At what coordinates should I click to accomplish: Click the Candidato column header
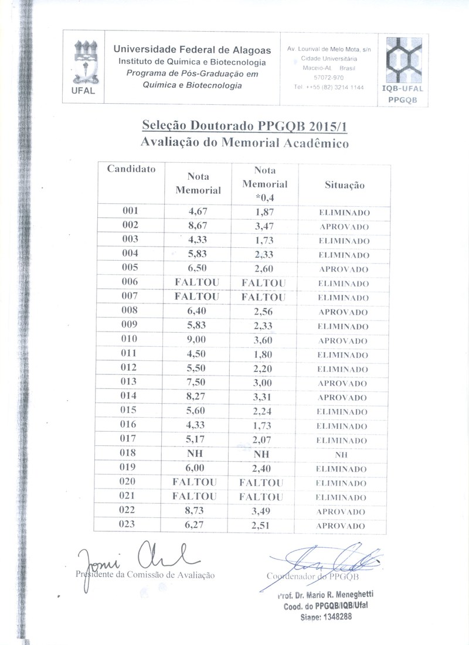point(131,169)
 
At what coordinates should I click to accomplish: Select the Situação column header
point(344,185)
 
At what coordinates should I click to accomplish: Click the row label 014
point(129,396)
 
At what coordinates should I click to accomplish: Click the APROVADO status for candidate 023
point(342,525)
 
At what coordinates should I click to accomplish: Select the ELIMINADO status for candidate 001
point(344,213)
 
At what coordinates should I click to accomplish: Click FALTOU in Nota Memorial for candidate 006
point(197,282)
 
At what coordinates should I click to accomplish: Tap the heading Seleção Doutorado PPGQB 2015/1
point(248,127)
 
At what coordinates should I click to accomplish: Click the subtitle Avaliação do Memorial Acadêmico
point(244,143)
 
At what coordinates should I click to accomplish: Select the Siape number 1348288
point(335,617)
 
